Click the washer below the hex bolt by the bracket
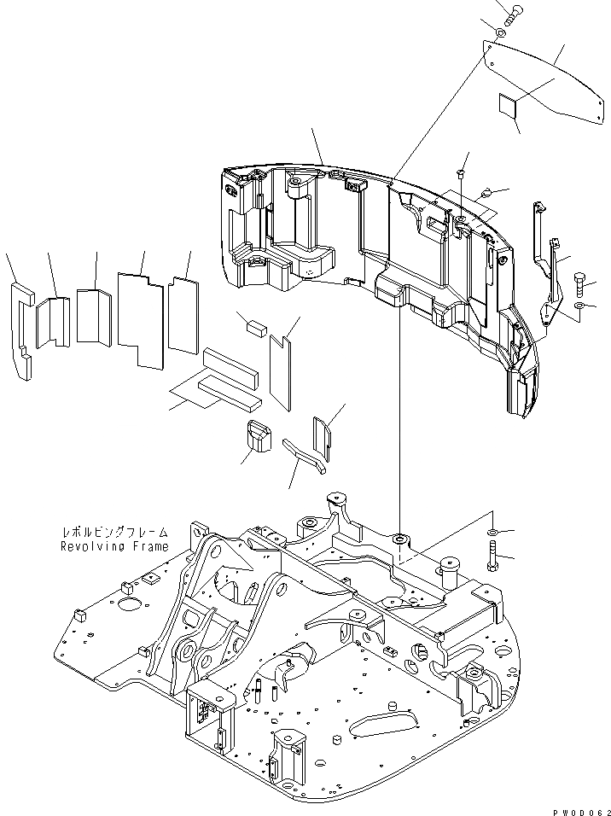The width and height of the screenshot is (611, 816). (x=579, y=305)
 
